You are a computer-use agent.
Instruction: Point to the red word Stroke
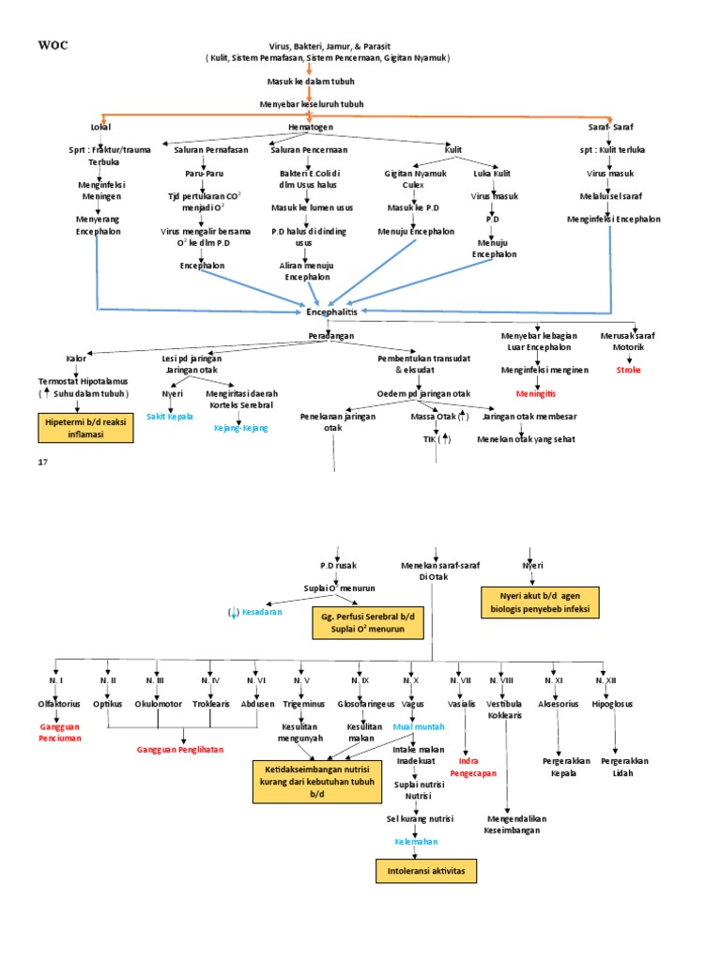pyautogui.click(x=629, y=370)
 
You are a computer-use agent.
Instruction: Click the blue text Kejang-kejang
pyautogui.click(x=241, y=427)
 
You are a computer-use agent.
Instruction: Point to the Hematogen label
pyautogui.click(x=310, y=127)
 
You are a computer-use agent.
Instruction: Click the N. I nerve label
pyautogui.click(x=55, y=679)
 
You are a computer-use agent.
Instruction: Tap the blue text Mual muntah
pyautogui.click(x=419, y=726)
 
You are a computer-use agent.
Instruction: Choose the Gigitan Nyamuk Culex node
pyautogui.click(x=414, y=179)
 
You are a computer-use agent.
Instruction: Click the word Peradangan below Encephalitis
pyautogui.click(x=331, y=335)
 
